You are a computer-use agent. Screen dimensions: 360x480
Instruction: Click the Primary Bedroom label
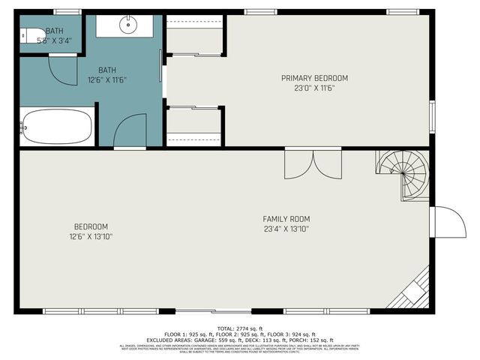[x=314, y=78]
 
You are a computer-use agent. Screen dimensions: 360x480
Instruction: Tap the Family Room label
[x=286, y=218]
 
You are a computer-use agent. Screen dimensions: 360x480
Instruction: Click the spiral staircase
[x=403, y=175]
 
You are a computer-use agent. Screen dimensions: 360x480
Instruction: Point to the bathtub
[x=57, y=126]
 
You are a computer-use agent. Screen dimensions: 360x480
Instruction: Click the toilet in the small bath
[x=29, y=34]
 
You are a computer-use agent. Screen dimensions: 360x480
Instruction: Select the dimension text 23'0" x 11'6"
[x=314, y=88]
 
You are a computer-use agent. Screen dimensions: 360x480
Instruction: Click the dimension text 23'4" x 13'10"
[x=286, y=229]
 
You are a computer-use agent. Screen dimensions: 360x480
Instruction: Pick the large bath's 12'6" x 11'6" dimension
[x=107, y=79]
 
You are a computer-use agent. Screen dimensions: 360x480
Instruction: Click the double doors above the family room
[x=313, y=164]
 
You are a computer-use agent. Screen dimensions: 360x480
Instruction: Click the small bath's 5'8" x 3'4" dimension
[x=54, y=41]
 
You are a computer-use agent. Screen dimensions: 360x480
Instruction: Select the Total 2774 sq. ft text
[x=240, y=329]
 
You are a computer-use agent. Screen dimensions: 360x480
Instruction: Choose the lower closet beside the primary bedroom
[x=194, y=127]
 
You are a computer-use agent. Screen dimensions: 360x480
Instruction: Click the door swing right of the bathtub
[x=130, y=130]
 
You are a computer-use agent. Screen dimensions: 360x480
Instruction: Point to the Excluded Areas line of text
[x=240, y=340]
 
